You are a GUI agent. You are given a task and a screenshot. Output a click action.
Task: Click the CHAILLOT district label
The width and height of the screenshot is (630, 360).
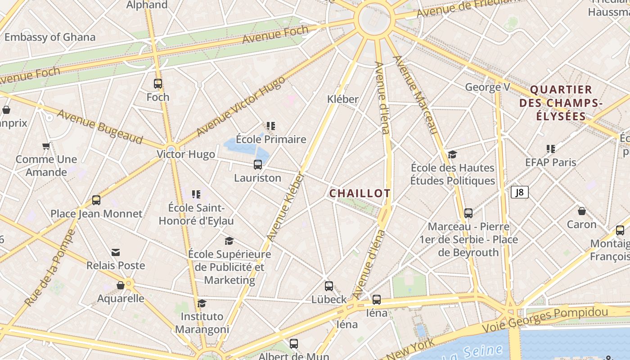[x=360, y=193]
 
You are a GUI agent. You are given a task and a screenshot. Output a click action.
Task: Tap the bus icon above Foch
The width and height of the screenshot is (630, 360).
[x=157, y=84]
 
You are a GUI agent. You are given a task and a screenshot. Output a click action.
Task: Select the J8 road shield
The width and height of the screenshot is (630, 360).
[x=519, y=193]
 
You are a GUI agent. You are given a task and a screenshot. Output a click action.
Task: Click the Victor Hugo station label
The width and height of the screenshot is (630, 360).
[x=186, y=154]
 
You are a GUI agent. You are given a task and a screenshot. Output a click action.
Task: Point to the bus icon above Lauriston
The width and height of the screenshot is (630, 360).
[x=257, y=165]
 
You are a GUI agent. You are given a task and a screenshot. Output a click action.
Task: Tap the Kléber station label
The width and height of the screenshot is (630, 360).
[x=343, y=99]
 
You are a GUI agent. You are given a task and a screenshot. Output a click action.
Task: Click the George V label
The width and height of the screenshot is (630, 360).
[x=487, y=87]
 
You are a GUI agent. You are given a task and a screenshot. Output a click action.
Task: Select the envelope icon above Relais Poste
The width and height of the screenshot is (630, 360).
[x=116, y=252]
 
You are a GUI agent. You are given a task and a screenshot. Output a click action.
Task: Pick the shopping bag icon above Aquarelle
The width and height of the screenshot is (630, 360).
[x=121, y=285]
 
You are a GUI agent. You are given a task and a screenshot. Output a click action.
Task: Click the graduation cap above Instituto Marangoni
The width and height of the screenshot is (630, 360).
[x=202, y=304]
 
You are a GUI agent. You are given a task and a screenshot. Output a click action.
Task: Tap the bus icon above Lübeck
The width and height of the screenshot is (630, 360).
[x=329, y=286]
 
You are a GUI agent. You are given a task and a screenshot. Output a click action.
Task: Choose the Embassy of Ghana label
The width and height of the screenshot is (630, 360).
[x=50, y=37]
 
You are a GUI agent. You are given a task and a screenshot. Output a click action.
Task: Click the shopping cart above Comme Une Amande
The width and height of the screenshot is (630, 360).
[x=46, y=146]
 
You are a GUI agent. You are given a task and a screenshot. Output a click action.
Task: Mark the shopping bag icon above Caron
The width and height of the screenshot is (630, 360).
[x=581, y=211]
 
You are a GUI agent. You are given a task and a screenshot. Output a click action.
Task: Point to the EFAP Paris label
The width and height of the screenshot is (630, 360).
[x=550, y=162]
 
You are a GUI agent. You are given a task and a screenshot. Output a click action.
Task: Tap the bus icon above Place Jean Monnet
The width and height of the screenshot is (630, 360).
[x=96, y=200]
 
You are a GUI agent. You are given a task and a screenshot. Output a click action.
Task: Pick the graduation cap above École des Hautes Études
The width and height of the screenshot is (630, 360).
[x=452, y=155]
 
